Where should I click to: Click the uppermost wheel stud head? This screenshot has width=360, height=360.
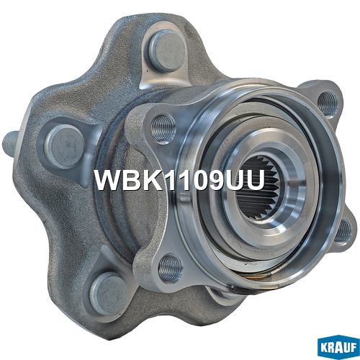coord(167,51)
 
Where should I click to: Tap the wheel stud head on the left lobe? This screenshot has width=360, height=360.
coord(65,146)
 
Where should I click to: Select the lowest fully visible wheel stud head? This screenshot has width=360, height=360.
coord(109,294)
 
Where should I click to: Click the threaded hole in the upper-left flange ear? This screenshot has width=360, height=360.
coord(163,129)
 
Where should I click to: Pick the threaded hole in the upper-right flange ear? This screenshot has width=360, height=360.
coord(328,104)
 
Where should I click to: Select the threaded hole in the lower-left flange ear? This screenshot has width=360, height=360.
coord(171,268)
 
